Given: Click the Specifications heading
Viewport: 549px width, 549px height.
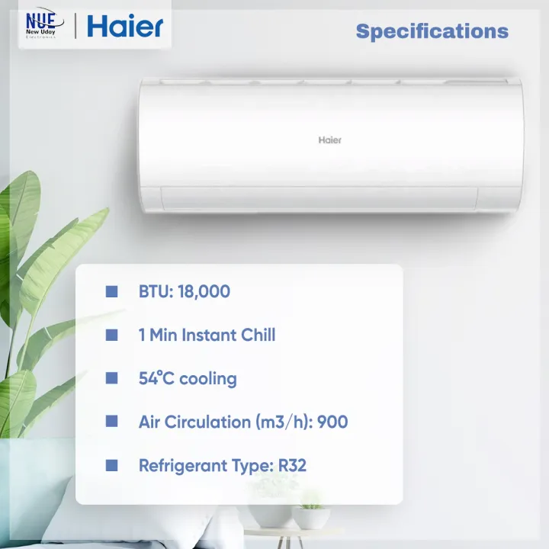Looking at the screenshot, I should click(x=432, y=31).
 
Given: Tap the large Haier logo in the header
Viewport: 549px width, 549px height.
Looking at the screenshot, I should click(x=125, y=27).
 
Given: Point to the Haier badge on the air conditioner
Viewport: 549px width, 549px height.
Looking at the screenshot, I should click(x=329, y=140).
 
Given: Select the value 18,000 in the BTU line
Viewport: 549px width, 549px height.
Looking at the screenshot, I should click(x=204, y=291).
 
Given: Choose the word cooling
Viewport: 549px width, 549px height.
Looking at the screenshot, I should click(x=207, y=379).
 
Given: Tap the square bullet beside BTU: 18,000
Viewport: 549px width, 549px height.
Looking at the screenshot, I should click(x=112, y=291).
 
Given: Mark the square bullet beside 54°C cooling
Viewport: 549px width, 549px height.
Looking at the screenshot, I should click(x=112, y=378).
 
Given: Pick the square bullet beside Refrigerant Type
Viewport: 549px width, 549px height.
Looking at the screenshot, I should click(x=112, y=465).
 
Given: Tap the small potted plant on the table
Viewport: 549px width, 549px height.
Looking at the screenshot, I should click(x=311, y=512).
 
